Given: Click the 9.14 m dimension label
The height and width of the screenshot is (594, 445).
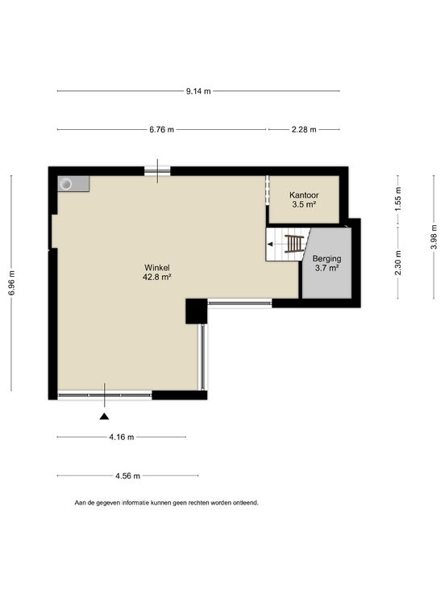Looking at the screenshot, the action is pyautogui.click(x=198, y=91).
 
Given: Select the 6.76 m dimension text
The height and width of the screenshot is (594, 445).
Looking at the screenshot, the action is pyautogui.click(x=161, y=130).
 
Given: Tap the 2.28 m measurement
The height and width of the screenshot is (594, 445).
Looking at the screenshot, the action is pyautogui.click(x=304, y=130).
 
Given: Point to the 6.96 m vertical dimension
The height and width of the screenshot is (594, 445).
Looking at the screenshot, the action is pyautogui.click(x=12, y=283).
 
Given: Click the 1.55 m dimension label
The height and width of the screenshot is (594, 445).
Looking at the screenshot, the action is pyautogui.click(x=398, y=199).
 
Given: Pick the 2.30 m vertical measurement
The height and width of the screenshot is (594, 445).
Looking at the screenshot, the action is pyautogui.click(x=398, y=263).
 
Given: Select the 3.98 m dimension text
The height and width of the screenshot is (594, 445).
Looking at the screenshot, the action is pyautogui.click(x=434, y=236).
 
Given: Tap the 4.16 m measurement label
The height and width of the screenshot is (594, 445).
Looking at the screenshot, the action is pyautogui.click(x=122, y=437).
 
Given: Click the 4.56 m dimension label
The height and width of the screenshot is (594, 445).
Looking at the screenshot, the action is pyautogui.click(x=127, y=476).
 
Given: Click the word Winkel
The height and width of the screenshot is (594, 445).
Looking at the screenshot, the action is pyautogui.click(x=156, y=268).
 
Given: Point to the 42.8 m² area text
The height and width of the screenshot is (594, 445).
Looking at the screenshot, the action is pyautogui.click(x=157, y=278).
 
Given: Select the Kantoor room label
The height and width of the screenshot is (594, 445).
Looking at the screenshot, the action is pyautogui.click(x=304, y=195).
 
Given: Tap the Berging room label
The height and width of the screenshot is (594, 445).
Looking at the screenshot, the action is pyautogui.click(x=327, y=259).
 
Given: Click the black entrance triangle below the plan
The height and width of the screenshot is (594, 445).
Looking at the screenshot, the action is pyautogui.click(x=105, y=416).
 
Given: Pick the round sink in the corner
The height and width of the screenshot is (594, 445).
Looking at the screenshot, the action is pyautogui.click(x=67, y=184).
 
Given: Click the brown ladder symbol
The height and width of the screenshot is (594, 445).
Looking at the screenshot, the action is pyautogui.click(x=294, y=244).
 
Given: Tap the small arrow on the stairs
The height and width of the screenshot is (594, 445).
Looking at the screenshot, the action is pyautogui.click(x=270, y=245).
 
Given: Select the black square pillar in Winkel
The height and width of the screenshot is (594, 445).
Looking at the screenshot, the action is pyautogui.click(x=197, y=312).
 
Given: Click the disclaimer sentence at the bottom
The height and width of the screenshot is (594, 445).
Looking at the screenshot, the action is pyautogui.click(x=167, y=503).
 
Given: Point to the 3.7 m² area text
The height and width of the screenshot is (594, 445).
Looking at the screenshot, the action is pyautogui.click(x=326, y=269).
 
